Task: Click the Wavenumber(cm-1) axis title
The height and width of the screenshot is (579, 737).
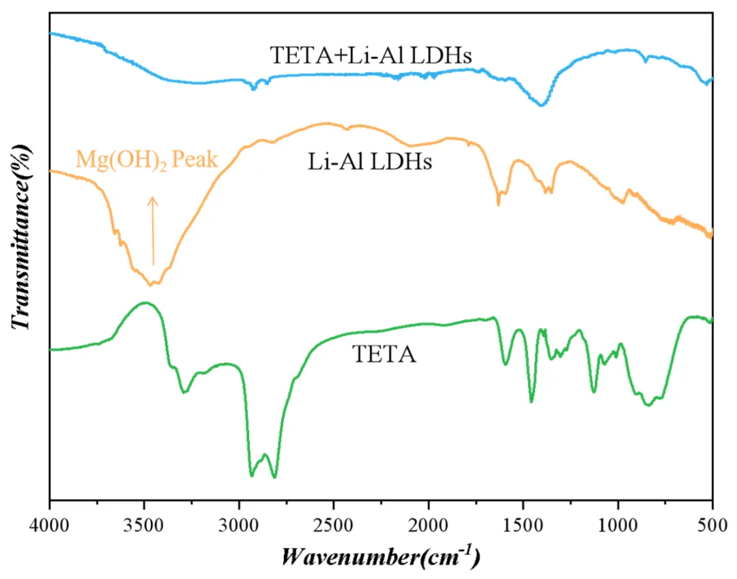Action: (381, 555)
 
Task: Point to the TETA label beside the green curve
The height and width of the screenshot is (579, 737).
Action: (384, 355)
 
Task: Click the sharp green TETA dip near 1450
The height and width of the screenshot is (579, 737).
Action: (532, 402)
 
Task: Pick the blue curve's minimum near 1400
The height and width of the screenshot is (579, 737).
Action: (542, 105)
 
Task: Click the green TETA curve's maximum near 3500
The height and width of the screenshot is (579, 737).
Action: (145, 303)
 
